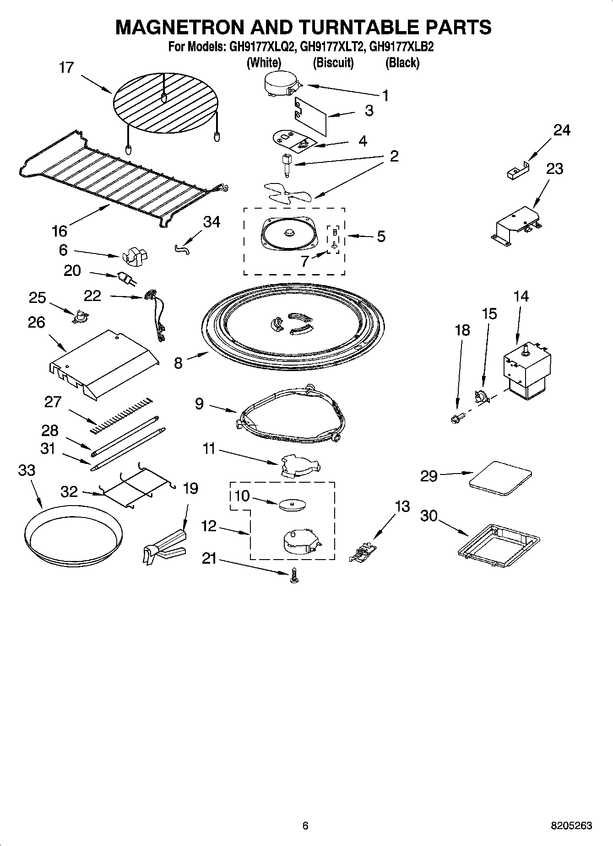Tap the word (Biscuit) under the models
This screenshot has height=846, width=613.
point(333,63)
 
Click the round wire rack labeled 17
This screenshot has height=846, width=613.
point(164,104)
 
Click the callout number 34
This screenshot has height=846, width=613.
point(212,222)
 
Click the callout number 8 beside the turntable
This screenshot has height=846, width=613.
point(178,363)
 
